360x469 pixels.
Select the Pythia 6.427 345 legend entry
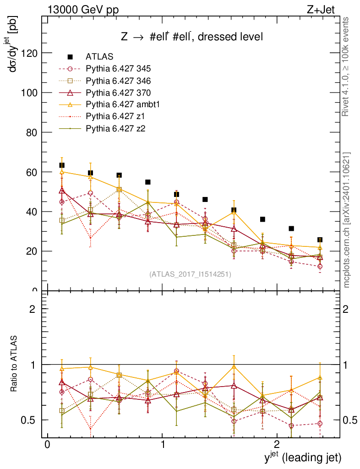118,69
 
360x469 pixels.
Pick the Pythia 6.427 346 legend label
118,81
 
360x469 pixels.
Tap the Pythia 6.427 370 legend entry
118,93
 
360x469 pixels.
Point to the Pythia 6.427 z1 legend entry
115,116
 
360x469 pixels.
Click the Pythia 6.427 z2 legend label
115,128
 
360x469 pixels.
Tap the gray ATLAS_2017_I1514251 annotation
190,274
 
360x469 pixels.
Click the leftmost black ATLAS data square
62,165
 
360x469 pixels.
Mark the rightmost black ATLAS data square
320,240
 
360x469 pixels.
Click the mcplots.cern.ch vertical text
347,220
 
